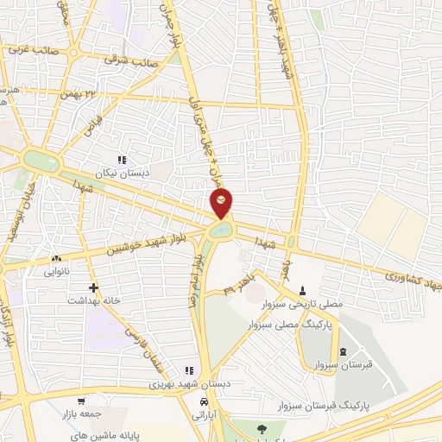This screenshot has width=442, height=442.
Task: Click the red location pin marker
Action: [222, 205]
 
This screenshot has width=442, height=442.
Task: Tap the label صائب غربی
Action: [35, 50]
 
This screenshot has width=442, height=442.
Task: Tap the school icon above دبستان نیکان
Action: [122, 160]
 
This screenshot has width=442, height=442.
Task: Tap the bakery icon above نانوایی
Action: [57, 258]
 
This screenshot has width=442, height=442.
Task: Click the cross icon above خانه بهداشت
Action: [93, 287]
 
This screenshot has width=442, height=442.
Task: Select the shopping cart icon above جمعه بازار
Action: [81, 401]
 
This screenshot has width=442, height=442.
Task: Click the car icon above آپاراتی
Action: [204, 402]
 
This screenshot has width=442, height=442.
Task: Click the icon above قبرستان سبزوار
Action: [344, 351]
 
